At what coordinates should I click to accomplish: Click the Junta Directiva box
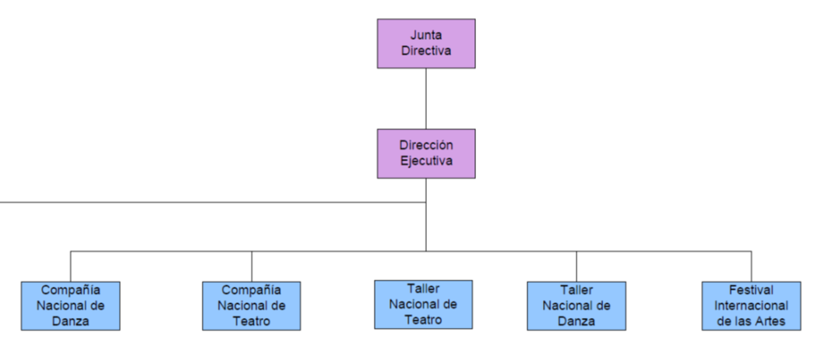426,44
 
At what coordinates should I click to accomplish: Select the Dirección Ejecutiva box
426,154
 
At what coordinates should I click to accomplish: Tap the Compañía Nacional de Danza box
71,305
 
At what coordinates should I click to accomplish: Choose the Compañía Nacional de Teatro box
252,305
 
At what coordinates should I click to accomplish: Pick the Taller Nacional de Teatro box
424,305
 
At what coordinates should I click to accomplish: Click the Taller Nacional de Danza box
576,305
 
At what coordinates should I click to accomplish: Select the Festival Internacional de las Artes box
751,305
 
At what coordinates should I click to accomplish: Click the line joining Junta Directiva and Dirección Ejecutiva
426,99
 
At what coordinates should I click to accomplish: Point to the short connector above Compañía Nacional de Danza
71,266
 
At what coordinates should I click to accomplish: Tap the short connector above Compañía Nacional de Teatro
252,266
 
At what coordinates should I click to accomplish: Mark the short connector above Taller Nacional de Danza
576,266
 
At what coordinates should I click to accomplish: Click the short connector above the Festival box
751,266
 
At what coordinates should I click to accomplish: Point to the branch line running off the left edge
213,202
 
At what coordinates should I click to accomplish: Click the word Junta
426,36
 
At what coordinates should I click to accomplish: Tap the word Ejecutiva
426,161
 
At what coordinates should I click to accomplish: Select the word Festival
751,290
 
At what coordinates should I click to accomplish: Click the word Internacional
751,305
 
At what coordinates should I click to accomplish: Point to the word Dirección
426,145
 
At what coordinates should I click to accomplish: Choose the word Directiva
426,51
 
